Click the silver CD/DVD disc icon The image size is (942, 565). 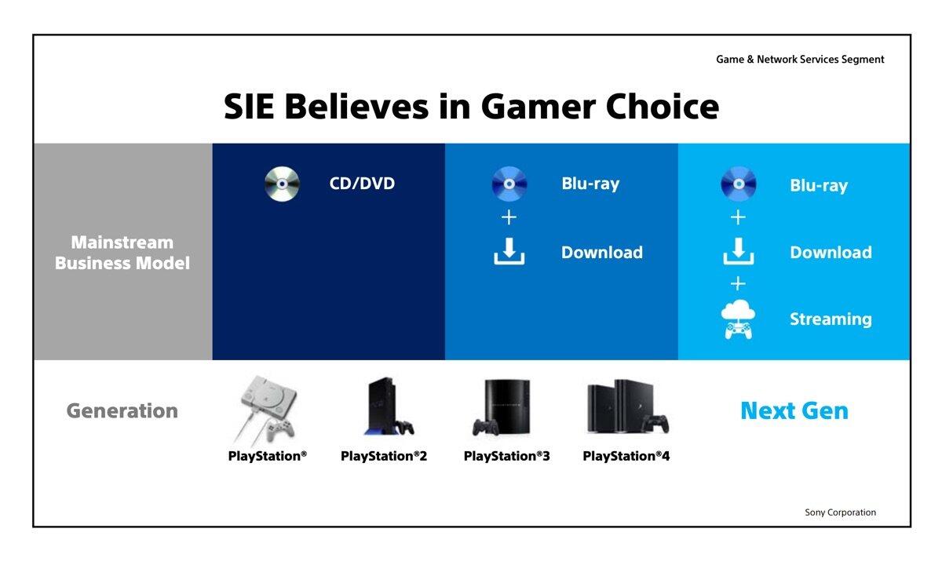pyautogui.click(x=282, y=184)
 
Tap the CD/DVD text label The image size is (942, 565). pyautogui.click(x=362, y=184)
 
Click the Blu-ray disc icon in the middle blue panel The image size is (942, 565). pyautogui.click(x=509, y=184)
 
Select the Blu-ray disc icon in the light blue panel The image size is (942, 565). pyautogui.click(x=739, y=184)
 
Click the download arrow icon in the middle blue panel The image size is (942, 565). pyautogui.click(x=509, y=251)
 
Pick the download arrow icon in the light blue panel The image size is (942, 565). pyautogui.click(x=739, y=251)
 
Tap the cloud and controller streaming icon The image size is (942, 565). pyautogui.click(x=738, y=319)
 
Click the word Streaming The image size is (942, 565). pyautogui.click(x=831, y=319)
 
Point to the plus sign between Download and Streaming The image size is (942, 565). pyautogui.click(x=738, y=283)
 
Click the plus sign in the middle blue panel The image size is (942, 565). pyautogui.click(x=509, y=217)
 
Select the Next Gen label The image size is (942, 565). pyautogui.click(x=794, y=410)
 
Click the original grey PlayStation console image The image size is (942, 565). pyautogui.click(x=267, y=410)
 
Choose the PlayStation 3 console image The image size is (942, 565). pyautogui.click(x=502, y=407)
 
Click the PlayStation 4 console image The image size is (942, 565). pyautogui.click(x=627, y=406)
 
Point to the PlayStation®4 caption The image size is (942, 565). pyautogui.click(x=626, y=456)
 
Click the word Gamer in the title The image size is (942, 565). pyautogui.click(x=539, y=107)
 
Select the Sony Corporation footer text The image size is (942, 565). pyautogui.click(x=840, y=512)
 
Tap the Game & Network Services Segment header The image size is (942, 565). pyautogui.click(x=800, y=60)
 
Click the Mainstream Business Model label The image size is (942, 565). pyautogui.click(x=122, y=253)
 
